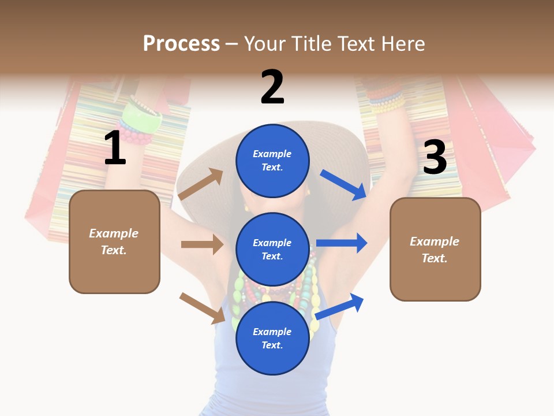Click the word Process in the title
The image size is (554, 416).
[x=181, y=44]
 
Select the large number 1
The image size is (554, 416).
[x=115, y=148]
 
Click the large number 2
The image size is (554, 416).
[x=272, y=87]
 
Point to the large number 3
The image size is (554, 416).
[x=435, y=158]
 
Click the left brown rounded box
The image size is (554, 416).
[x=114, y=242]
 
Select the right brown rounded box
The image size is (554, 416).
[x=435, y=249]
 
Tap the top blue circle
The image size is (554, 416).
[x=272, y=161]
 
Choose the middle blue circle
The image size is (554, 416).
[x=272, y=249]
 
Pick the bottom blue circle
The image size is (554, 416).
[x=272, y=338]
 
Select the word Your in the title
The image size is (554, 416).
[x=265, y=44]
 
